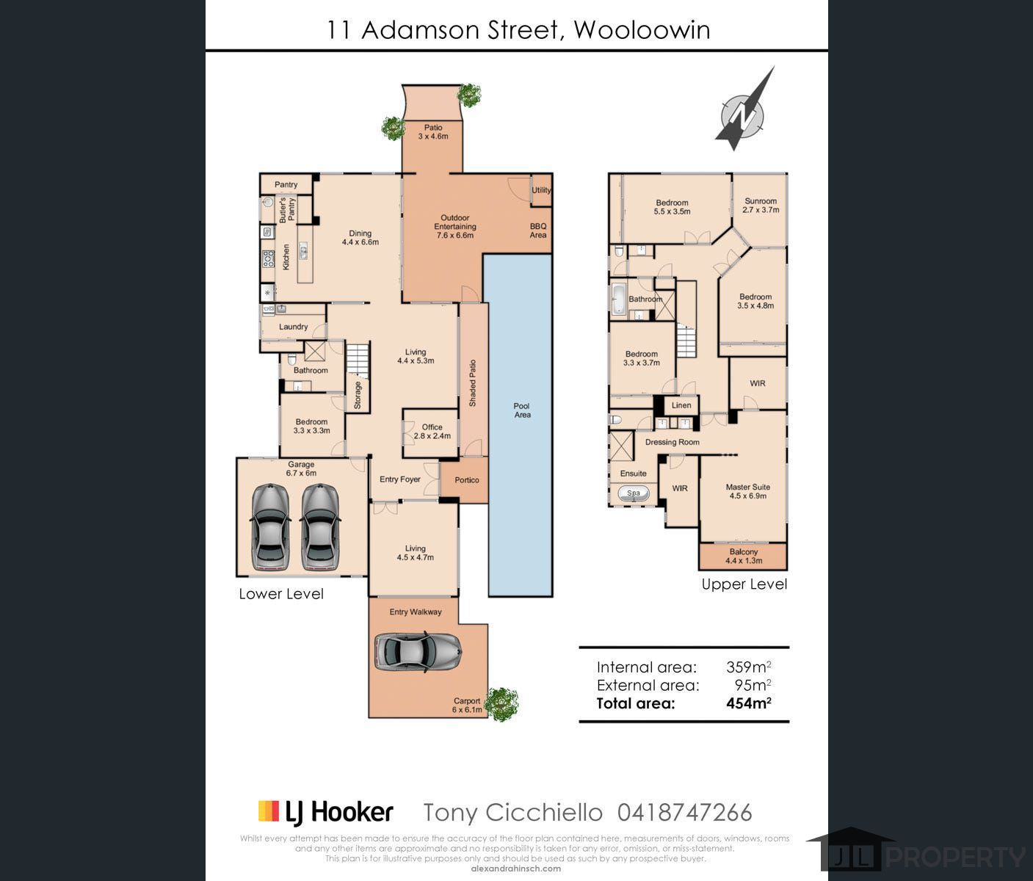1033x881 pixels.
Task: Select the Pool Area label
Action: click(x=522, y=410)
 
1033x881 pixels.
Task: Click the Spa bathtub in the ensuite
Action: click(x=633, y=494)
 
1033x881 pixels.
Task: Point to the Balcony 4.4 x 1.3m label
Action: click(x=744, y=556)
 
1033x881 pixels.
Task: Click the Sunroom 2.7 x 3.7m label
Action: click(x=760, y=206)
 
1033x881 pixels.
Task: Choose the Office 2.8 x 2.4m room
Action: click(x=432, y=431)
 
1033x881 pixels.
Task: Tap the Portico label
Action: click(x=467, y=480)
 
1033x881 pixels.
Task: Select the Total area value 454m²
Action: click(x=748, y=703)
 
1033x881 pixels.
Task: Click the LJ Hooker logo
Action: click(x=326, y=812)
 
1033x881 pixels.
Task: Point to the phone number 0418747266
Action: click(x=684, y=813)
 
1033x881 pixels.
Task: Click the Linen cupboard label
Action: click(x=681, y=405)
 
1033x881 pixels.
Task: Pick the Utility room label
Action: click(x=541, y=190)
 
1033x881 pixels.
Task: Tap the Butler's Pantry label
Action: click(x=287, y=210)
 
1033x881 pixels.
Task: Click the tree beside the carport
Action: click(x=502, y=704)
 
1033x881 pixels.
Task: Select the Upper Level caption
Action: click(x=744, y=584)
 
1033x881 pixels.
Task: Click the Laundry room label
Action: click(x=294, y=327)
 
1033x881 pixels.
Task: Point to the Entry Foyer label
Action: click(x=400, y=479)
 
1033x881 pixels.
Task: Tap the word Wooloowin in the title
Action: click(x=641, y=30)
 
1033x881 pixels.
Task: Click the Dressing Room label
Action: click(x=672, y=442)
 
